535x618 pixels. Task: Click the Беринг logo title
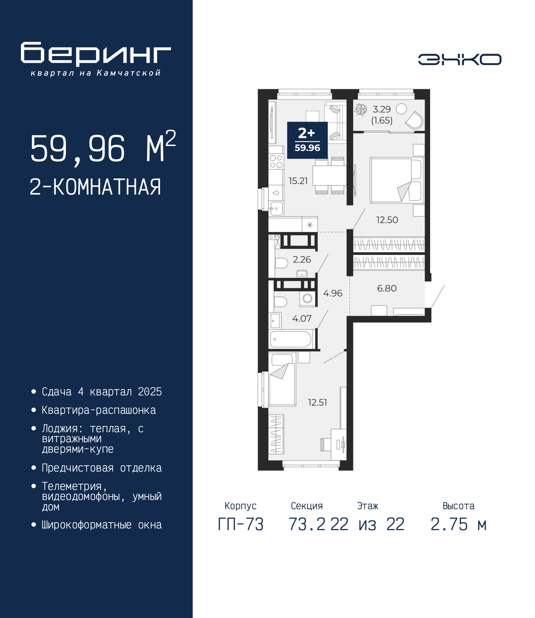96,54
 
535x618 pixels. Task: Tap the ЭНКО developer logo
459,59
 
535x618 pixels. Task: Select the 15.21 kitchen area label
298,181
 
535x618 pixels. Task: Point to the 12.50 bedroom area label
387,220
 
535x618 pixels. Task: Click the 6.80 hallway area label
387,288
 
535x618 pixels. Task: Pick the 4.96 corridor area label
333,293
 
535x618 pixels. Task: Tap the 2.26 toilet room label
302,259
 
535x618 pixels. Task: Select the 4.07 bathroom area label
302,318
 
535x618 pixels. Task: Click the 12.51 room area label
318,403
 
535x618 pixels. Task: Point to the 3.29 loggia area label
382,109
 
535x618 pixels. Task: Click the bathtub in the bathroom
291,339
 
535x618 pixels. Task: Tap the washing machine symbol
308,298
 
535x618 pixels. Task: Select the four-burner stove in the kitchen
276,162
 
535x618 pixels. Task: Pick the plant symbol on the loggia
361,110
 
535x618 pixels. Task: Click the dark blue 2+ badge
307,140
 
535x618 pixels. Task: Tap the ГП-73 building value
240,524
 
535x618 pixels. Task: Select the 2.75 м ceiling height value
459,524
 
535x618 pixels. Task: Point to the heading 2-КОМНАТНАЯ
96,187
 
